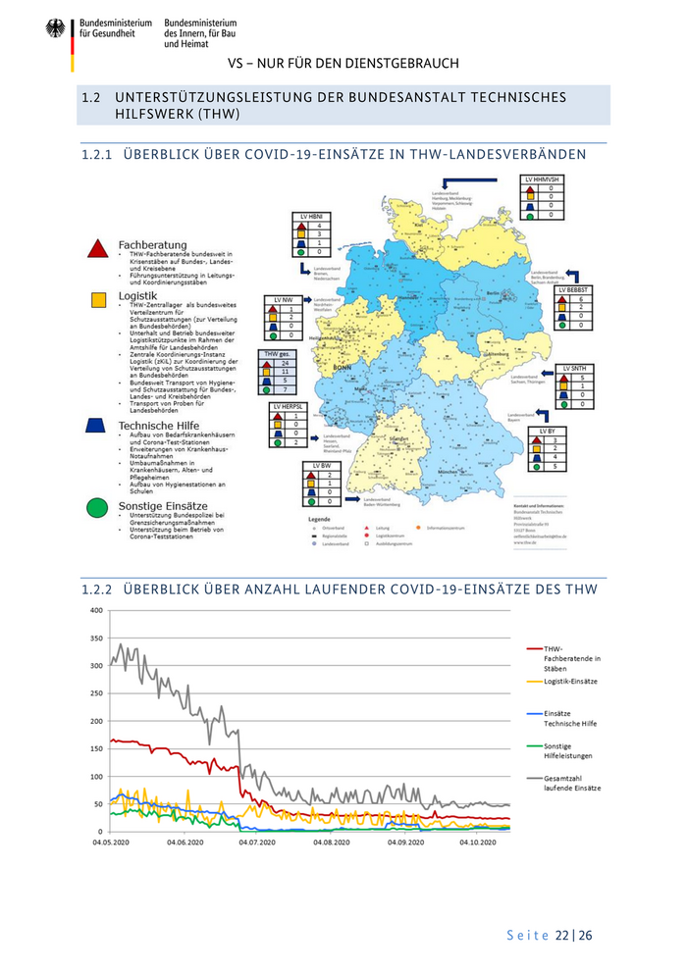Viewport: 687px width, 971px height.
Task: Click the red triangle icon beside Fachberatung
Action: pyautogui.click(x=97, y=247)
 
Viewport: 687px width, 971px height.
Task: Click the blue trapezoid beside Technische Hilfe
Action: pyautogui.click(x=96, y=426)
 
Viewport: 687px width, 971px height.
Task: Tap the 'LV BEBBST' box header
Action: pyautogui.click(x=574, y=290)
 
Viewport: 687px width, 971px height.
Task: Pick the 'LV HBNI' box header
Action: pyautogui.click(x=311, y=216)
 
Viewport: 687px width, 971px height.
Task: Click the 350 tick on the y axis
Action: pyautogui.click(x=95, y=638)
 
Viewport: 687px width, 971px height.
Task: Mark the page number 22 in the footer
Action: pyautogui.click(x=562, y=936)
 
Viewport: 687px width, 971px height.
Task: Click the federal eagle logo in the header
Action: pyautogui.click(x=55, y=29)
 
